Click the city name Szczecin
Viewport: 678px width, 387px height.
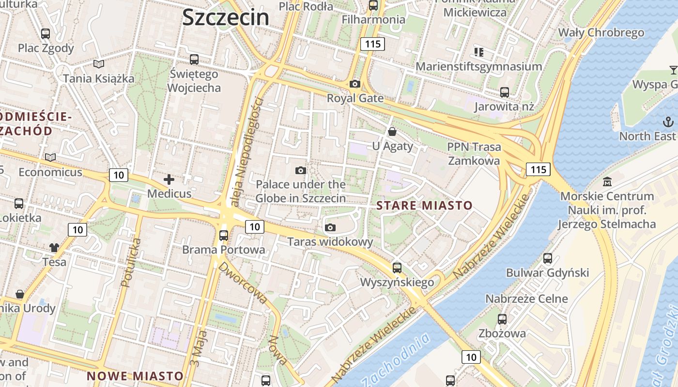click(x=226, y=17)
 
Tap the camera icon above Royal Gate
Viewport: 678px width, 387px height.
click(x=355, y=84)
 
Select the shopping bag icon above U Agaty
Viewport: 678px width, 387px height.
click(x=392, y=131)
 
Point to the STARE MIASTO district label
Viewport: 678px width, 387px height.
click(x=424, y=205)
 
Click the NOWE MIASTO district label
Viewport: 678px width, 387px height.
click(x=135, y=376)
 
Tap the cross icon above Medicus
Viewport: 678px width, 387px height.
click(x=169, y=179)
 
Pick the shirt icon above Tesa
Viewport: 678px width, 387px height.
click(x=54, y=247)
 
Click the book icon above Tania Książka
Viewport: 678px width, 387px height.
click(x=99, y=64)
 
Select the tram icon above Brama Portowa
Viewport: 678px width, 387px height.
click(x=224, y=235)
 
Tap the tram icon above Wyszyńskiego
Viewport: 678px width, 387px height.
click(x=397, y=268)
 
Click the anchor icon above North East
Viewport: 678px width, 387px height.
click(x=668, y=121)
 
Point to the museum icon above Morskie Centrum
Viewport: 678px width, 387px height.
click(x=607, y=182)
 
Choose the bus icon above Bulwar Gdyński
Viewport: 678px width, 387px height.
click(x=548, y=258)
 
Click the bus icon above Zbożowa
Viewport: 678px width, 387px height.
click(x=502, y=319)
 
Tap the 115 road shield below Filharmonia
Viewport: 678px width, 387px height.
click(x=372, y=44)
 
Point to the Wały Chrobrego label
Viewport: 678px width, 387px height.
click(x=601, y=32)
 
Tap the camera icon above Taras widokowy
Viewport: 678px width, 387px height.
click(x=330, y=227)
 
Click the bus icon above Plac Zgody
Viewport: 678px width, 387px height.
click(x=46, y=33)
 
